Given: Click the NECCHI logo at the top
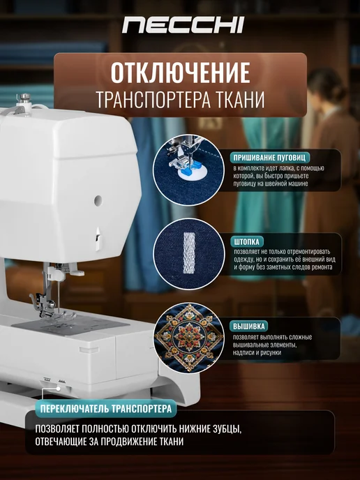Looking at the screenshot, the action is pyautogui.click(x=183, y=25).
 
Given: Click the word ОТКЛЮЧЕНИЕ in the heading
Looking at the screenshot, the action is pyautogui.click(x=180, y=73).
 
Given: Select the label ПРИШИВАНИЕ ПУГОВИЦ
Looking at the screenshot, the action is pyautogui.click(x=269, y=158).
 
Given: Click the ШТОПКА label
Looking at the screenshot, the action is pyautogui.click(x=247, y=242).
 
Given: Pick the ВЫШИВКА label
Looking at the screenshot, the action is pyautogui.click(x=249, y=327).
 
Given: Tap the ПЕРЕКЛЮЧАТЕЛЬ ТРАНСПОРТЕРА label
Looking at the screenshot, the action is pyautogui.click(x=106, y=409).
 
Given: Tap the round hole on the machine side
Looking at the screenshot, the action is pyautogui.click(x=98, y=200).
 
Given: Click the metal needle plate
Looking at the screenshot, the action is pyautogui.click(x=70, y=325).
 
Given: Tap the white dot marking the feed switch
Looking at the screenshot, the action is pyautogui.click(x=58, y=389).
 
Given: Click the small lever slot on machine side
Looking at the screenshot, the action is pyautogui.click(x=98, y=239).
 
